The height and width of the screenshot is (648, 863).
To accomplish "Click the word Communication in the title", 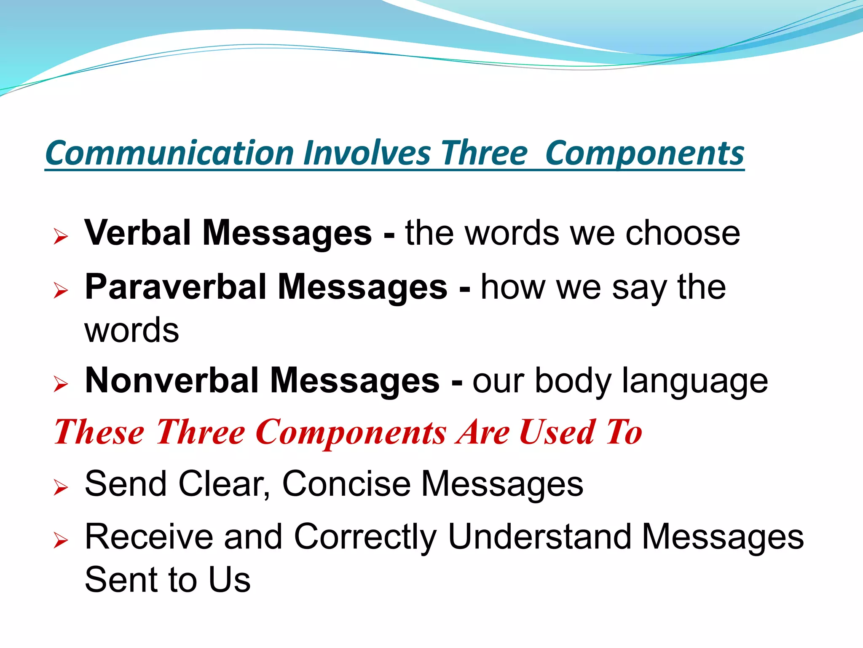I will click(169, 153).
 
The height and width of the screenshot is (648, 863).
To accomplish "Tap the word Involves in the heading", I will click(367, 153).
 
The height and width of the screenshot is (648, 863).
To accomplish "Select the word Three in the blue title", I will click(484, 153).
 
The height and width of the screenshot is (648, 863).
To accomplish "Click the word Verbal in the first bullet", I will click(138, 233).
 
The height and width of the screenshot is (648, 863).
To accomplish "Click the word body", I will click(573, 382).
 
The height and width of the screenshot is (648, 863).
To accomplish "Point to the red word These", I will click(99, 432).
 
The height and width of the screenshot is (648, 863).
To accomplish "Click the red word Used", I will click(557, 432).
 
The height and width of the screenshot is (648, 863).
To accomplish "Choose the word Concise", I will click(346, 484).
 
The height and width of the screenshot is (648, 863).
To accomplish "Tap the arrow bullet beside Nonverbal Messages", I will click(61, 384).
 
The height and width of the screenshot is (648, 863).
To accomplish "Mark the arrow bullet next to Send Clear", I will click(61, 488).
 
